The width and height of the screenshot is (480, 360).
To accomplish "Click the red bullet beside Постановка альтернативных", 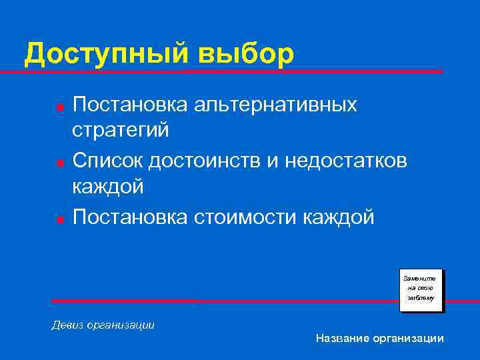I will pos(59,107).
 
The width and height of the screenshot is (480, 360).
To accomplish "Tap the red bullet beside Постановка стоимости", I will pos(59,218).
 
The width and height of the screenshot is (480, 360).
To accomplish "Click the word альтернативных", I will pos(276,105).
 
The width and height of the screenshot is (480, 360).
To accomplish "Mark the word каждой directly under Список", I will pos(107,187).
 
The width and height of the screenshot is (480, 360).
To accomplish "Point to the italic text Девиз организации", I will pos(103,325).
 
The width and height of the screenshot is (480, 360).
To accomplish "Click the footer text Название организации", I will pos(379,339).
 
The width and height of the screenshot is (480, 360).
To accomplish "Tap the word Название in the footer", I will pos(341,339).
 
